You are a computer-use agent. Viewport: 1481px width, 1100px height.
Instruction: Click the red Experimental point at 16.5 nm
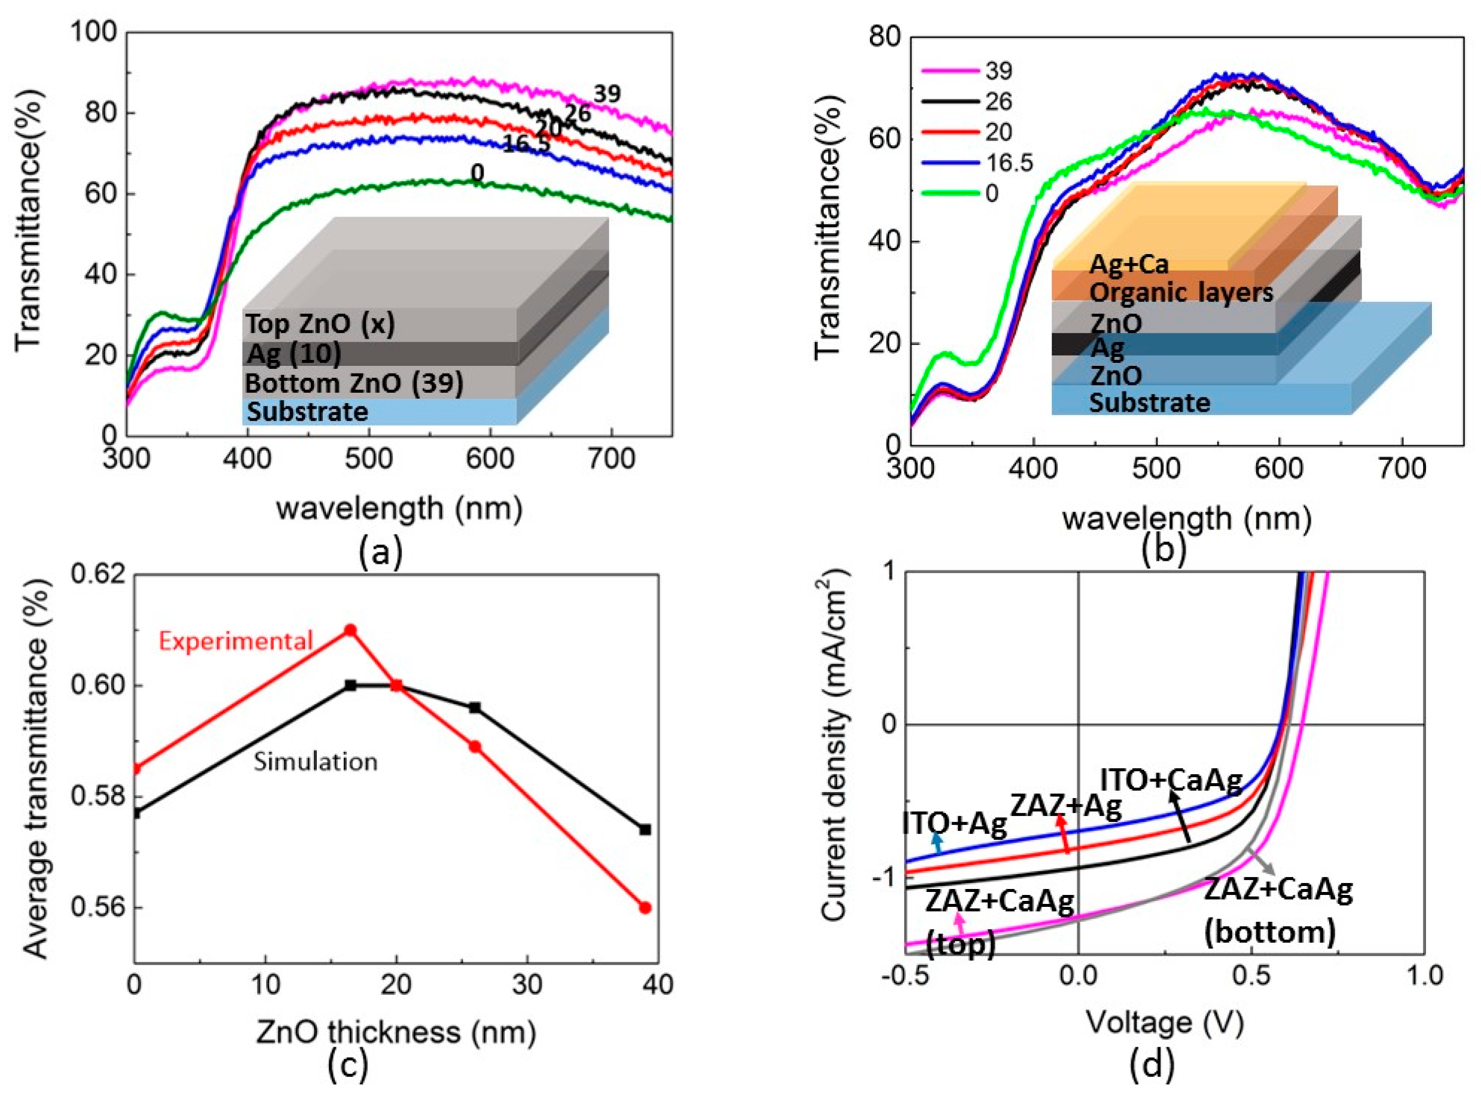[x=350, y=630]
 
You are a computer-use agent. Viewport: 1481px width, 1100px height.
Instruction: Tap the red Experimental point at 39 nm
[x=645, y=907]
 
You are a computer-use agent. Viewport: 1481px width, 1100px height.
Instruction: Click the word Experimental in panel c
[x=236, y=641]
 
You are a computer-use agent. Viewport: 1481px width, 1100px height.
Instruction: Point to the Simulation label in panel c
[x=316, y=761]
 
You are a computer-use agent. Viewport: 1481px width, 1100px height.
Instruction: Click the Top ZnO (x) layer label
[x=320, y=324]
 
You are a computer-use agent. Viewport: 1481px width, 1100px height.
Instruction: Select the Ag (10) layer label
[x=294, y=353]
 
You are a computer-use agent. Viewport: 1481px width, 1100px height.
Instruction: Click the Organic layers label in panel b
[x=1181, y=292]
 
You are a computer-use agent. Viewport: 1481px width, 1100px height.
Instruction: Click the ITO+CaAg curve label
[x=1171, y=780]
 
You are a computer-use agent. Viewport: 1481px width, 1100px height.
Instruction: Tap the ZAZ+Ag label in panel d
[x=1066, y=806]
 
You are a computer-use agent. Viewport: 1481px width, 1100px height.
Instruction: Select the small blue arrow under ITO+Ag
[x=938, y=843]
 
